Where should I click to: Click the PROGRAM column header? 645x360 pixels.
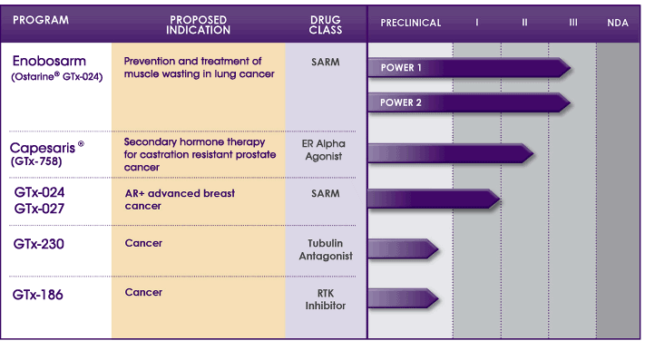coord(41,20)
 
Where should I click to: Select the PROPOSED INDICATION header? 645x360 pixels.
coord(198,25)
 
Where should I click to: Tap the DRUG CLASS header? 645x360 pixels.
coord(326,25)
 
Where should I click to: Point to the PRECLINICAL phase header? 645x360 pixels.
coord(411,23)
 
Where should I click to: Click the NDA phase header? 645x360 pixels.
coord(618,23)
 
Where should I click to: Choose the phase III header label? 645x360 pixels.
coord(573,23)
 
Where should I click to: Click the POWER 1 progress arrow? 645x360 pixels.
coord(469,68)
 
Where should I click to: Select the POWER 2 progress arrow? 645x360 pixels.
coord(469,102)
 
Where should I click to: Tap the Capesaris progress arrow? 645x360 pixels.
coord(451,153)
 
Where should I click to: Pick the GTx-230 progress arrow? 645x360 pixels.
coord(403,249)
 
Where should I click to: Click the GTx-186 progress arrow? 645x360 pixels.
coord(403,298)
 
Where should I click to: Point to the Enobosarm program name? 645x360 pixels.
coord(49,62)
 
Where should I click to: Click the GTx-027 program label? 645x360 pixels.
coord(39,209)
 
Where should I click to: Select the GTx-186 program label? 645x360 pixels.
coord(38,295)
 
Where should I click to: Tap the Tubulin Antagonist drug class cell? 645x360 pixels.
coord(326,249)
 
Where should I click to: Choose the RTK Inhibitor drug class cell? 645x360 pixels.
coord(326,299)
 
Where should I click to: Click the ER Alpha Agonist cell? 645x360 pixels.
coord(324,150)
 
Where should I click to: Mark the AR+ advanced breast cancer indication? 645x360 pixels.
coord(180,199)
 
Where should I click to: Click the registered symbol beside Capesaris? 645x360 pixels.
coord(81,144)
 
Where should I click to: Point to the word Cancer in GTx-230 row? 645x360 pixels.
coord(143,243)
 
